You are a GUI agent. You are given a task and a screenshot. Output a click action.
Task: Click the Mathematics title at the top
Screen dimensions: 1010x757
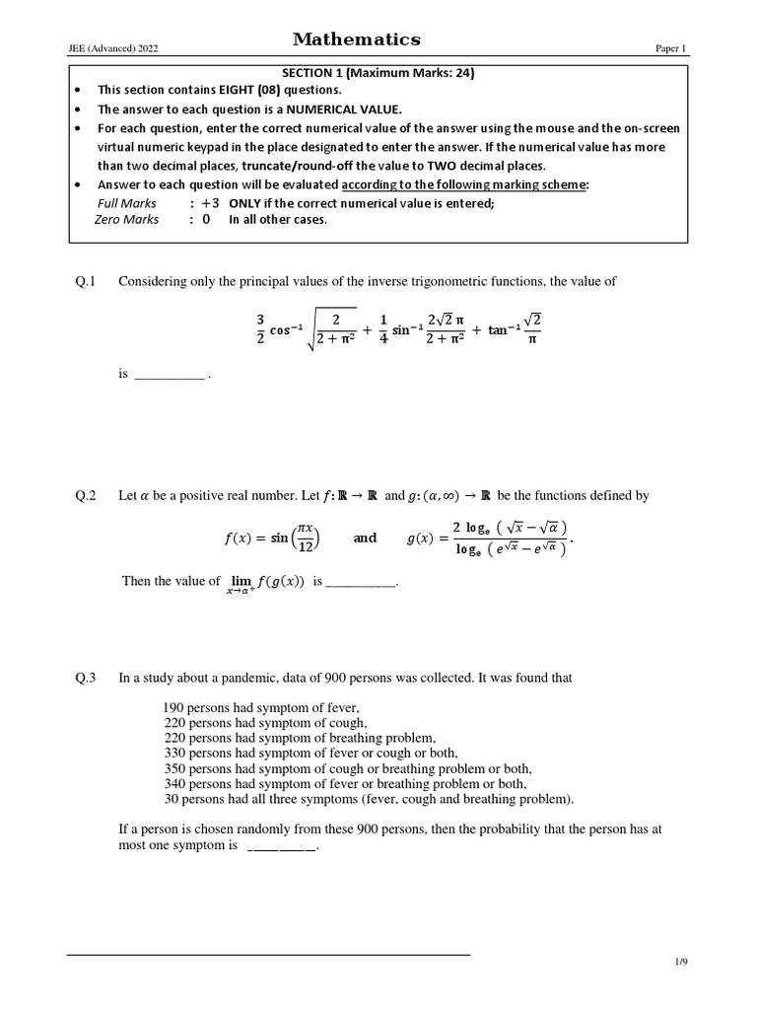tap(356, 39)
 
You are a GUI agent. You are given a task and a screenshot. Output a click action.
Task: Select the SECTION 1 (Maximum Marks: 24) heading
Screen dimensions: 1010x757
tap(378, 72)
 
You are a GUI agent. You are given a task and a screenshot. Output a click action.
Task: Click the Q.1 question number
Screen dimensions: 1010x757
tap(85, 282)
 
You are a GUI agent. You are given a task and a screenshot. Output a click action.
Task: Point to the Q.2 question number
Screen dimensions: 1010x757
tap(85, 496)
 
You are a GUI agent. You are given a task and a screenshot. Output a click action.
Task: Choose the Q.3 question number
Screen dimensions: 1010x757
tap(85, 678)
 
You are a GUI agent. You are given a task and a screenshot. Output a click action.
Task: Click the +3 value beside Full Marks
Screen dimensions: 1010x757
tap(209, 203)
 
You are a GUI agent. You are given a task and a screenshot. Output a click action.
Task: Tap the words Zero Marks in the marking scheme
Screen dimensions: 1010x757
tap(126, 219)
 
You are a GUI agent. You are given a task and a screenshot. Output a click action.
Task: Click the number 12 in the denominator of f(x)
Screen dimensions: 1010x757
tap(307, 547)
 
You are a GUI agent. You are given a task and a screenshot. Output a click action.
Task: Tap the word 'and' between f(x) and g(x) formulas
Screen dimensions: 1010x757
tap(365, 538)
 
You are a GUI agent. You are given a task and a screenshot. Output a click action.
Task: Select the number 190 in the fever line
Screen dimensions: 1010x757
tap(173, 708)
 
